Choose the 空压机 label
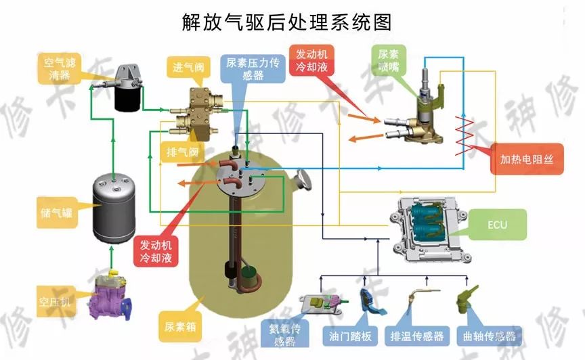click(56, 297)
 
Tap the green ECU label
click(497, 225)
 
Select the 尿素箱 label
click(180, 326)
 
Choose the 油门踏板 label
click(351, 336)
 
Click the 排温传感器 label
click(416, 336)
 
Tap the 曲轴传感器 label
click(485, 336)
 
